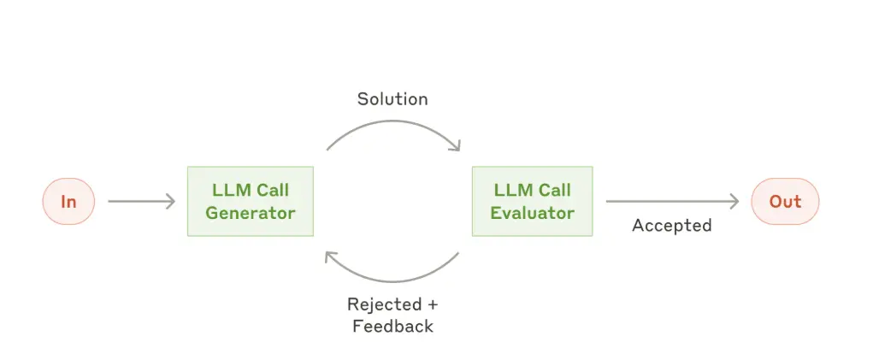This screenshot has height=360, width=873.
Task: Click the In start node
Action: tap(68, 202)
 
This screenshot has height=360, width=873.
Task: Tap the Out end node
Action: tap(785, 202)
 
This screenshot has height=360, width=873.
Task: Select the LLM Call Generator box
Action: tap(251, 202)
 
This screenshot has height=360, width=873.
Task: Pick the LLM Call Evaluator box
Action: tap(532, 202)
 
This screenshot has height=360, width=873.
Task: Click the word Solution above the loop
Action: tap(392, 99)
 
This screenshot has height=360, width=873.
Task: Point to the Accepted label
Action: tap(672, 226)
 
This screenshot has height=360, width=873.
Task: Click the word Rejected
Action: tap(384, 304)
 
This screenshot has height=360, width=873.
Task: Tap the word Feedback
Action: tap(392, 326)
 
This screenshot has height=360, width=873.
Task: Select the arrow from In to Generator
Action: tap(141, 202)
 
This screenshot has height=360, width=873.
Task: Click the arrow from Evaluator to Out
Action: tap(672, 202)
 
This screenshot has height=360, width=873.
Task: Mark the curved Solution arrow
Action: tap(393, 122)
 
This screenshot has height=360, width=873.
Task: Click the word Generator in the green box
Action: tap(251, 213)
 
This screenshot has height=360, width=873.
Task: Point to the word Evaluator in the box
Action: tap(532, 213)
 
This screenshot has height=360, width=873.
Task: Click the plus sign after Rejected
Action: tap(433, 305)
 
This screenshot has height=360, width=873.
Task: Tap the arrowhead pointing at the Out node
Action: tap(734, 202)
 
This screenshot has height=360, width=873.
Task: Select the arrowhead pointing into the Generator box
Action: tap(171, 202)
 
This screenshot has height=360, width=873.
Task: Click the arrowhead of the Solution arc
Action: tap(457, 145)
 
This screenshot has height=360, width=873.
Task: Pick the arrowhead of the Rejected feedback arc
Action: tap(330, 257)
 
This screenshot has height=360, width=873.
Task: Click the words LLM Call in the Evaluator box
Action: tap(532, 191)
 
